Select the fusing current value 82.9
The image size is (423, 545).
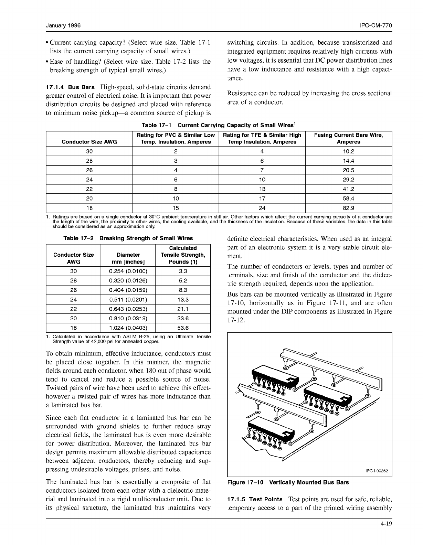pos(348,208)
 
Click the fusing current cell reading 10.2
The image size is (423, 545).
pos(348,151)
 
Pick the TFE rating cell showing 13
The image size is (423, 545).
pos(262,189)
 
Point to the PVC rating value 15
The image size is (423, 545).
pos(176,208)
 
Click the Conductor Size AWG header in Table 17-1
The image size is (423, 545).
pos(89,142)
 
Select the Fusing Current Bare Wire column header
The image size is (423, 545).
pos(348,138)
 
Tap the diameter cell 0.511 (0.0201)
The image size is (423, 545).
pos(128,300)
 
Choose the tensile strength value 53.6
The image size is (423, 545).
pos(183,328)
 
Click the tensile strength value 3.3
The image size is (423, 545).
pos(183,271)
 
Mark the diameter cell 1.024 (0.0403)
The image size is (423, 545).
pos(128,328)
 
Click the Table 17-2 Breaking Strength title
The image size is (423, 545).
pos(128,238)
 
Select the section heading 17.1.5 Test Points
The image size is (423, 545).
pos(255,499)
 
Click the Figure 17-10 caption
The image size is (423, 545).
pos(288,482)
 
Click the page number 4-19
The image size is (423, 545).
pos(386,524)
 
